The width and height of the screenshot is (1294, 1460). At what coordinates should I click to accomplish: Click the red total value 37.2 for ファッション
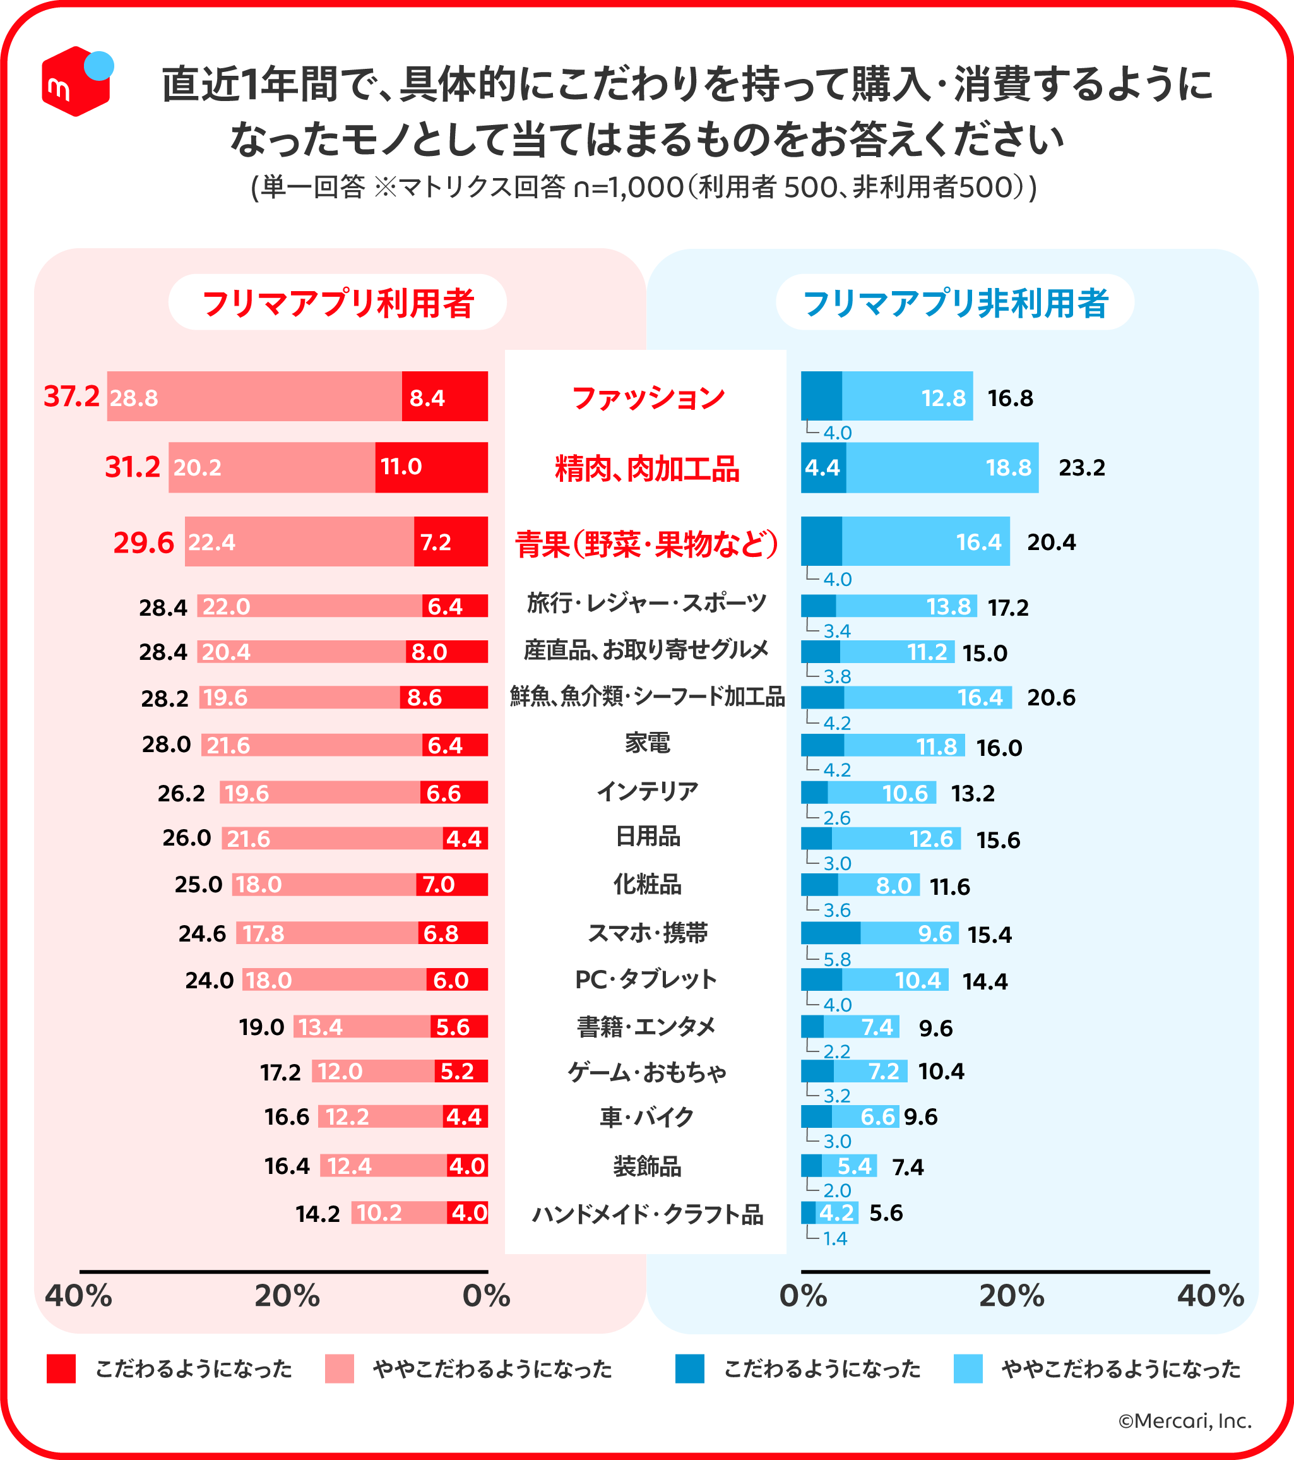click(71, 397)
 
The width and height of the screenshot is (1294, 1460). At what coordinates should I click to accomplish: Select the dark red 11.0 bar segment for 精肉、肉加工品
click(431, 467)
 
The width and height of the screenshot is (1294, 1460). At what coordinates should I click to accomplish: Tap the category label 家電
click(647, 743)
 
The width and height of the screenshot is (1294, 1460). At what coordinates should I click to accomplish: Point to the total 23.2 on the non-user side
click(1081, 468)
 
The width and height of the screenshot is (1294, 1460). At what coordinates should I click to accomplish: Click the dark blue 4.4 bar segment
click(822, 468)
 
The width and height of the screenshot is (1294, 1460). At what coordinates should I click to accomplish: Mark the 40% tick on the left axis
click(78, 1296)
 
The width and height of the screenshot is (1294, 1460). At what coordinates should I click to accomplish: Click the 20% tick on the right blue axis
click(1011, 1296)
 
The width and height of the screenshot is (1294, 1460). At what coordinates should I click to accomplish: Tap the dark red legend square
click(61, 1368)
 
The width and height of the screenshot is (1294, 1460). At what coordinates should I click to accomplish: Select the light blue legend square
click(968, 1368)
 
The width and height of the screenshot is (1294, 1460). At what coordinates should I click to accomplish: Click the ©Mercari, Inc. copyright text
click(1184, 1421)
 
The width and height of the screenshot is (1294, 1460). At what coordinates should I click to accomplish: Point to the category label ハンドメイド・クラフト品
click(647, 1214)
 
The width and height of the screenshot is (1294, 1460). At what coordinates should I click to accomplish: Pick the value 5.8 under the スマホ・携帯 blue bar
click(836, 959)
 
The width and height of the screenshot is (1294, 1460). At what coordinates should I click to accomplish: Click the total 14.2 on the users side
click(318, 1214)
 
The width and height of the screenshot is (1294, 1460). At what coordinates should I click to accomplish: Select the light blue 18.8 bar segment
click(942, 468)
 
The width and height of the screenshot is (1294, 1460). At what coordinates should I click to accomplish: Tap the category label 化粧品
click(647, 885)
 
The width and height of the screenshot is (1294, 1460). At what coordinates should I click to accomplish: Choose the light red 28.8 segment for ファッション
click(254, 397)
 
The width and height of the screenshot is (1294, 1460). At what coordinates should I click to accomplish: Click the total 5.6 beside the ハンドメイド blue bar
click(886, 1213)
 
